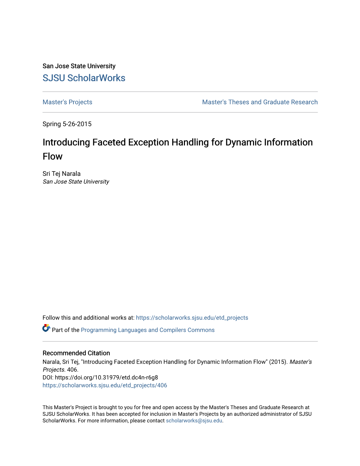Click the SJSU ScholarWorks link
(x=84, y=78)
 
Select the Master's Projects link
(x=67, y=102)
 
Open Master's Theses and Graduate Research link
(x=260, y=102)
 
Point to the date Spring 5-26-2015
(x=67, y=124)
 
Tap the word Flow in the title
(x=53, y=156)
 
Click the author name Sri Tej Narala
(x=61, y=174)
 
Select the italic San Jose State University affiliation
(x=76, y=182)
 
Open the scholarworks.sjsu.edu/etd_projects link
(x=192, y=318)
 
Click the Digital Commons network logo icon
(x=46, y=328)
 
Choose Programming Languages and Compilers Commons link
(x=148, y=330)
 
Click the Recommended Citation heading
(x=76, y=353)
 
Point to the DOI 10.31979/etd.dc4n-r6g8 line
(x=100, y=377)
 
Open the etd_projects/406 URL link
(x=105, y=386)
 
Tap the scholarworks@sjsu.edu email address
(x=194, y=421)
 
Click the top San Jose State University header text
(x=79, y=66)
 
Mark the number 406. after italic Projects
(x=73, y=370)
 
